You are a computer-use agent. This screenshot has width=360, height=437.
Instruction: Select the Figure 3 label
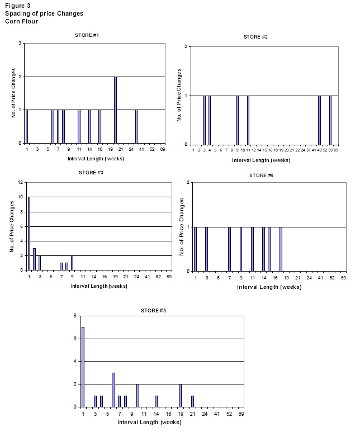pyautogui.click(x=16, y=5)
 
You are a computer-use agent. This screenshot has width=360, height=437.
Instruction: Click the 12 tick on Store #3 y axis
pyautogui.click(x=20, y=182)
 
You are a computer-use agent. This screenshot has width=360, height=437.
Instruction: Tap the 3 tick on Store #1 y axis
pyautogui.click(x=20, y=44)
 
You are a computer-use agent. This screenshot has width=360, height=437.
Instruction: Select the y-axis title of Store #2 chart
pyautogui.click(x=178, y=96)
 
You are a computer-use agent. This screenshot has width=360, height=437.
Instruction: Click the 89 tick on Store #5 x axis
pyautogui.click(x=240, y=414)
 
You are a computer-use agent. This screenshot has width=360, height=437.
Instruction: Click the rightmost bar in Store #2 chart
pyautogui.click(x=330, y=120)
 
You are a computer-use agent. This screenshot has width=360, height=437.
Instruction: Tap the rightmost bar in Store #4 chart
pyautogui.click(x=281, y=249)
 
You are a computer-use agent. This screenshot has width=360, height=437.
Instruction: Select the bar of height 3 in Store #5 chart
pyautogui.click(x=113, y=389)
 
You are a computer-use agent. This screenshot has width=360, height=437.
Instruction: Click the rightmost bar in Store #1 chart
pyautogui.click(x=136, y=126)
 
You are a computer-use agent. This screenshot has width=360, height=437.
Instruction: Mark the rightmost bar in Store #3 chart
pyautogui.click(x=72, y=263)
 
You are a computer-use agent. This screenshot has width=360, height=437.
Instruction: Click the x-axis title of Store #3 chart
pyautogui.click(x=99, y=286)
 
